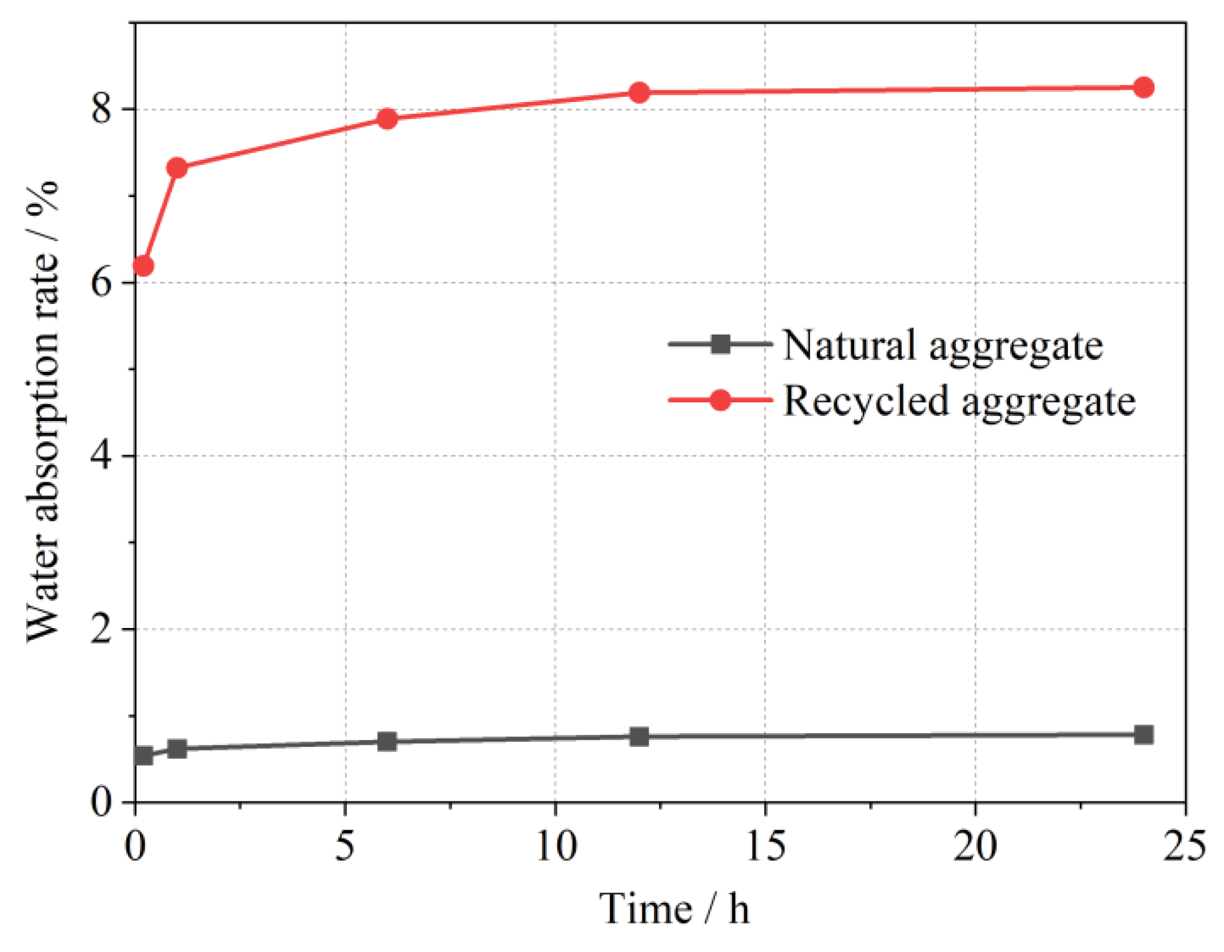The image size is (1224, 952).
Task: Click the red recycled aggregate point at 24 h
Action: click(x=1143, y=88)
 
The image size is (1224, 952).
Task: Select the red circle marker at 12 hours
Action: click(x=639, y=93)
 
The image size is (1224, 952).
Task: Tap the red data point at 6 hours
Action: click(x=387, y=118)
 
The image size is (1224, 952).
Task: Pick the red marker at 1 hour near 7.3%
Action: click(x=177, y=167)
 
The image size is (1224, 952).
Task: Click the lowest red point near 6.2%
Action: click(x=144, y=266)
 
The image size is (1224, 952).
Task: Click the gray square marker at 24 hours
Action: click(x=1143, y=734)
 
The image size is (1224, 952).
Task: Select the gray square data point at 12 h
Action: click(x=639, y=737)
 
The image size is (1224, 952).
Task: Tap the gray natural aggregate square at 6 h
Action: click(x=387, y=741)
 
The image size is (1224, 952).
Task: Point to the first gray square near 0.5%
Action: click(x=144, y=756)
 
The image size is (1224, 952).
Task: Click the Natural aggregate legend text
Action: click(x=942, y=345)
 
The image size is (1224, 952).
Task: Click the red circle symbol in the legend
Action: click(x=720, y=400)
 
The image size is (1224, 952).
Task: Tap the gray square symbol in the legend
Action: click(x=720, y=344)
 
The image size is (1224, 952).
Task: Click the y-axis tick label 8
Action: click(x=101, y=109)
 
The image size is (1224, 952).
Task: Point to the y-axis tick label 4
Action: click(x=101, y=456)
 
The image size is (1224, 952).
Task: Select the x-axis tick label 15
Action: click(x=765, y=846)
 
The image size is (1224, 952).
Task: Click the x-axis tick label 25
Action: click(x=1184, y=846)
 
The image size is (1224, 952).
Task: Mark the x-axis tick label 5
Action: click(x=345, y=846)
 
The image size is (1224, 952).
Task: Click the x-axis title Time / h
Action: click(x=674, y=909)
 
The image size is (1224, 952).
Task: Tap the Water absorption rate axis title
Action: click(x=42, y=410)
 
